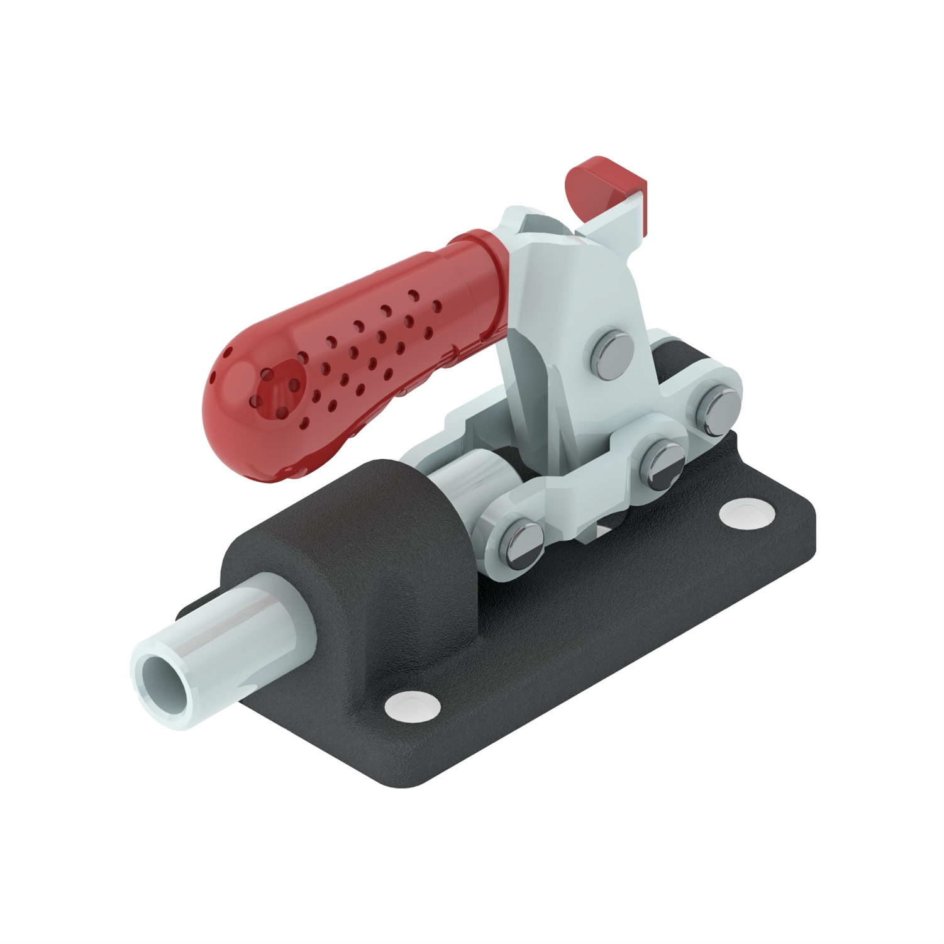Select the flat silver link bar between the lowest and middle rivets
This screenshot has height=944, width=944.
[x=591, y=503]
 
